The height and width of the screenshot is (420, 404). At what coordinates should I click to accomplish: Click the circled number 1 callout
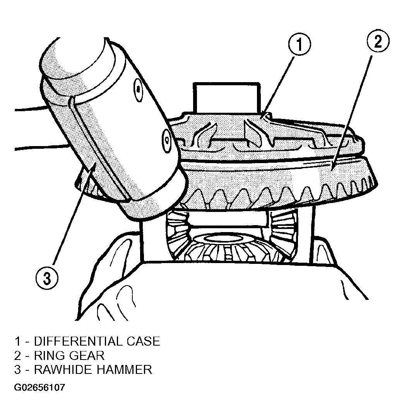pos(300,44)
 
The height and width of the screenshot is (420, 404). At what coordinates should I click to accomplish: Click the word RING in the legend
pos(48,356)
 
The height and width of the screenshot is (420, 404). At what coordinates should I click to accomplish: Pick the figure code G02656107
pos(39,387)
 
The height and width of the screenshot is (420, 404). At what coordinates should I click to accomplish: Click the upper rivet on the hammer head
pos(138,90)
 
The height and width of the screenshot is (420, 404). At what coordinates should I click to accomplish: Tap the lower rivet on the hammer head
pos(167,140)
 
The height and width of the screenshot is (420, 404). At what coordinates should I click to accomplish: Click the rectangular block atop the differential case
pos(227,98)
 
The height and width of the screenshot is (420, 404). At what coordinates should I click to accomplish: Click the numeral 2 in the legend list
pos(17,356)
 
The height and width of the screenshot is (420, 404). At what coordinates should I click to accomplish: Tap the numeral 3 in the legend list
pos(17,370)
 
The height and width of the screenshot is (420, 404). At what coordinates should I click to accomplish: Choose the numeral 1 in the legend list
pos(17,341)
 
